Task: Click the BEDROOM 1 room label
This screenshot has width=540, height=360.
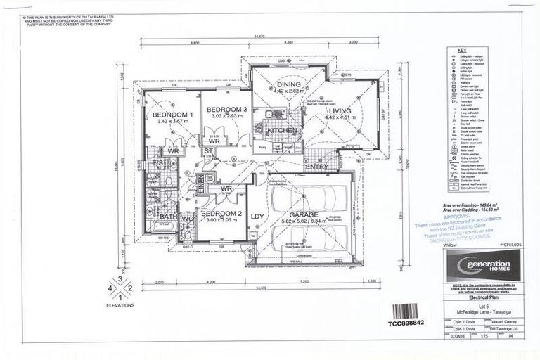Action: pos(173,114)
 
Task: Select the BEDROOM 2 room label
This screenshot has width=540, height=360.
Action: pos(221,213)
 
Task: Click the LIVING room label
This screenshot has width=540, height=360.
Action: pos(339,110)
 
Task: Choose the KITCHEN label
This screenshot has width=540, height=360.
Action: pos(282,131)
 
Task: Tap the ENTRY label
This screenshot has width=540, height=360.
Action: pos(316,167)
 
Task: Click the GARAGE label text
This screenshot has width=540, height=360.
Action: pos(305,214)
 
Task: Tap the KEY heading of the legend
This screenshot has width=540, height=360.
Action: pos(462,51)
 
